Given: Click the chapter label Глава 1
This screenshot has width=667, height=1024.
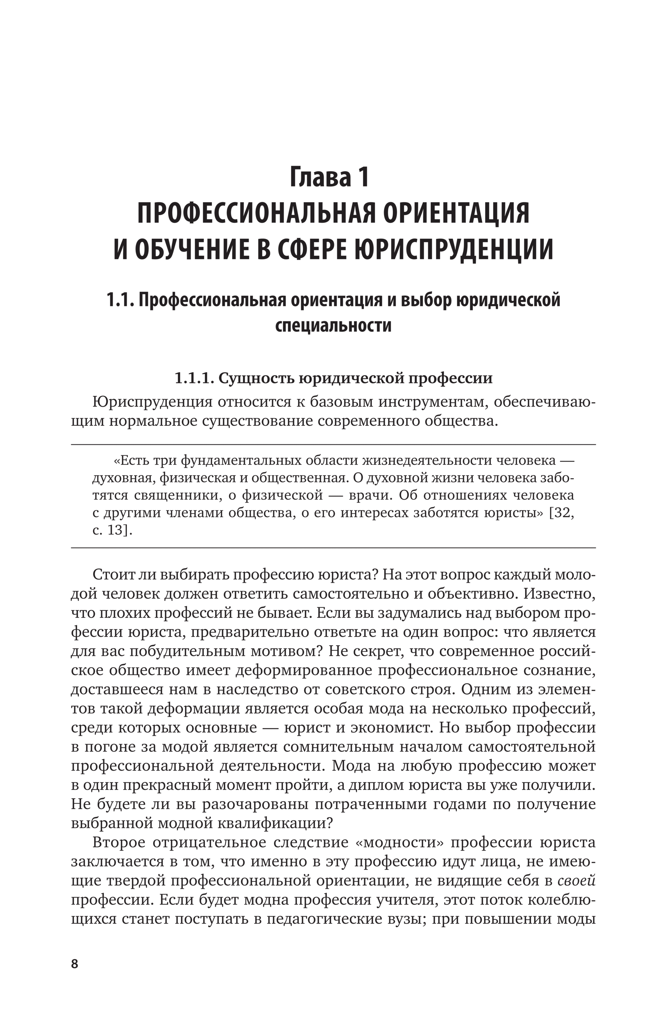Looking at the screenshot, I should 330,177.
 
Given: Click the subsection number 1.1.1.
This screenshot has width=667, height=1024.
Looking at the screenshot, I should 194,378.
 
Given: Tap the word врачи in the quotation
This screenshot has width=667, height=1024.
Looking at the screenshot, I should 370,496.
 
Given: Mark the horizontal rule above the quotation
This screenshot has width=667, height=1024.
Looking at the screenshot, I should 333,444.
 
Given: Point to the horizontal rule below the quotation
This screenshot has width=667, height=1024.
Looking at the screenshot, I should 333,548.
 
